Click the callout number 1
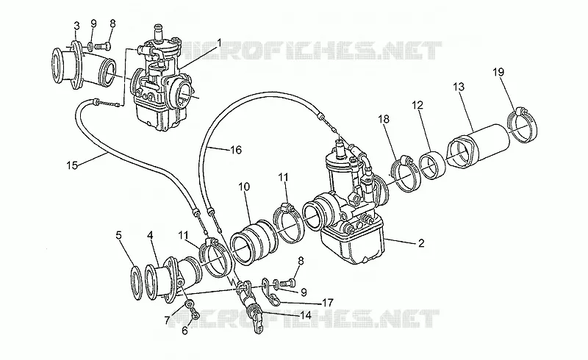tap(219, 43)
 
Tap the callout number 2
tap(421, 243)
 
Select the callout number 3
tap(76, 26)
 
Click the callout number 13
tap(458, 87)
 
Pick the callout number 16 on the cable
tap(235, 150)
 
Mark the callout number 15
tap(72, 165)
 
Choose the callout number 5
tap(118, 236)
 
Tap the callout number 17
tap(327, 302)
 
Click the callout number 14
tap(306, 315)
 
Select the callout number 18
tap(384, 119)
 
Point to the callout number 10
tap(244, 187)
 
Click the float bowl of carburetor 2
tap(353, 242)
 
